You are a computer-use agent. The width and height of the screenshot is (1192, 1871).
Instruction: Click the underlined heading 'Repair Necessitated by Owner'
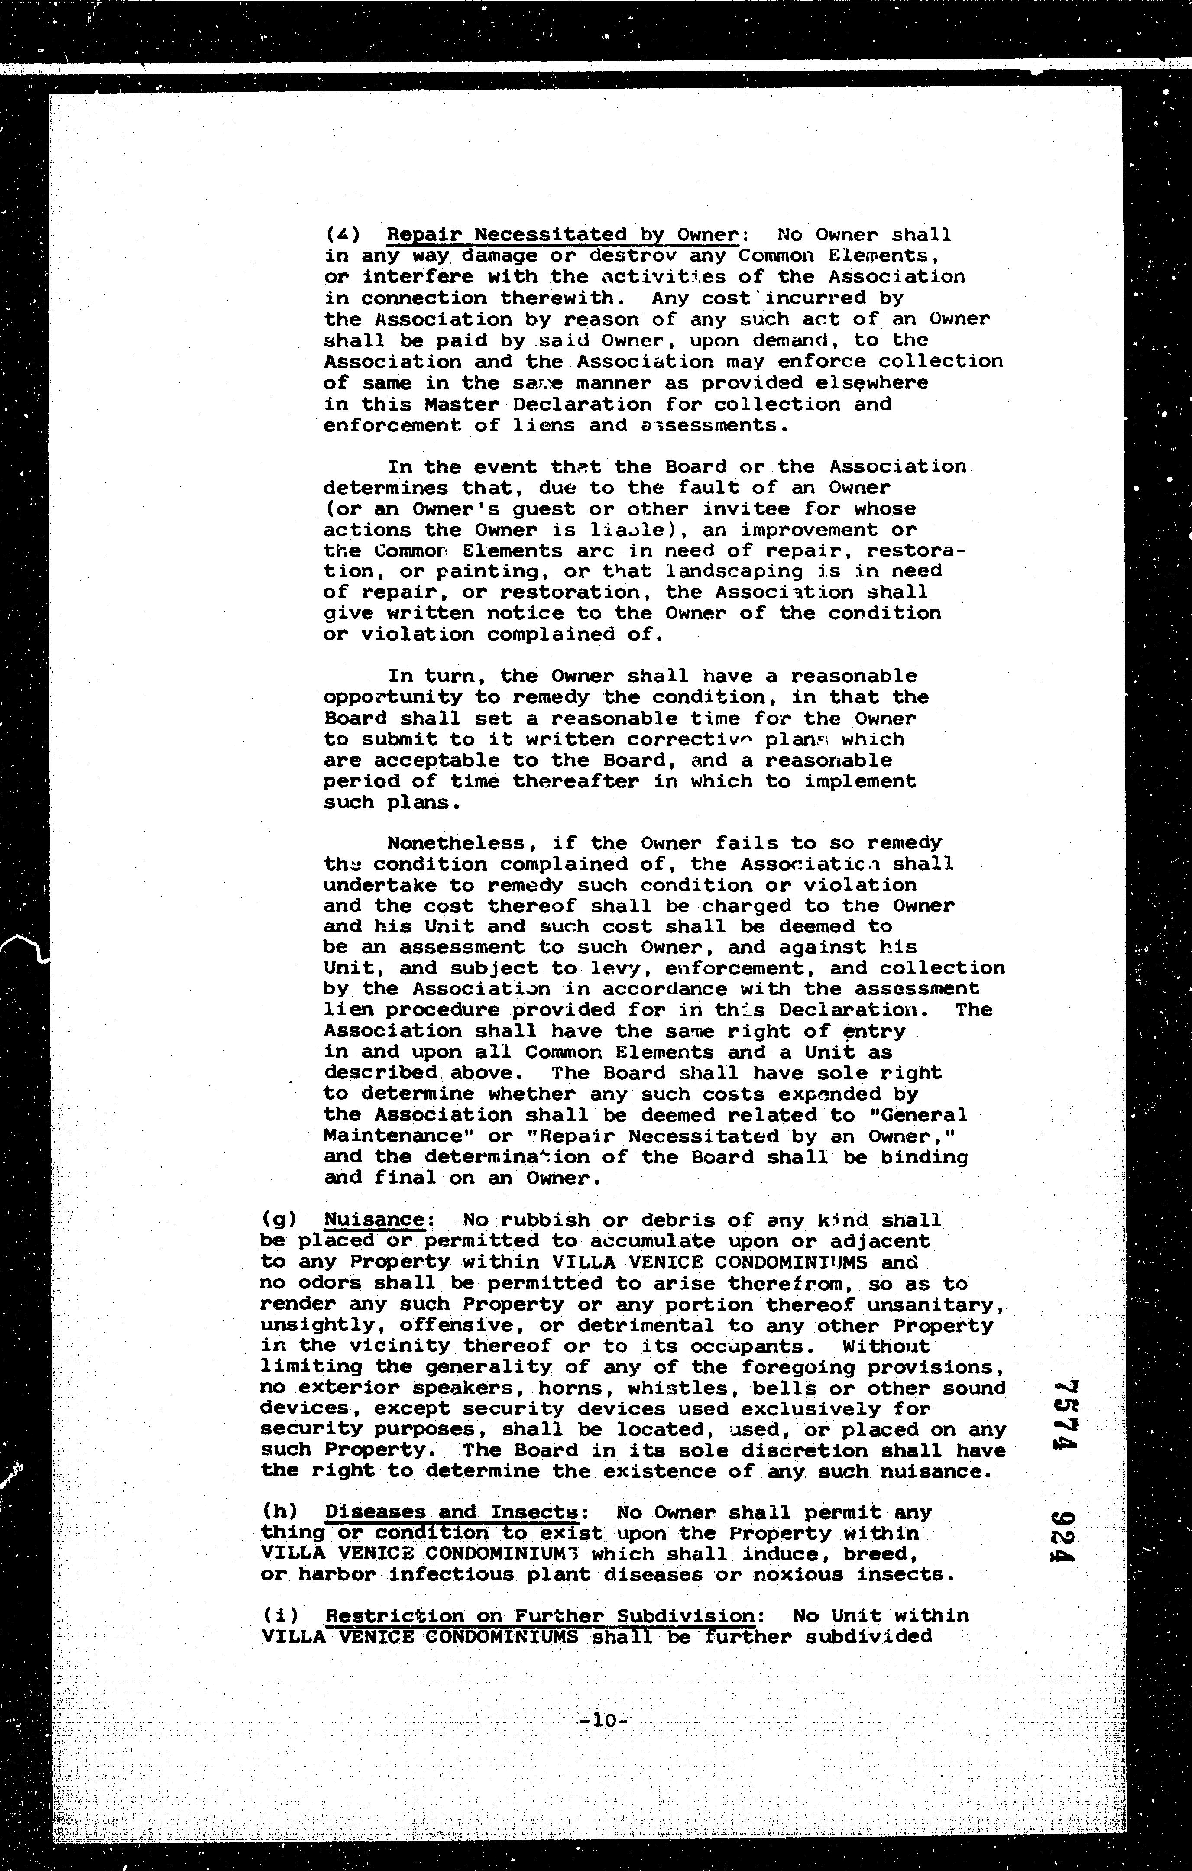(561, 235)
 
